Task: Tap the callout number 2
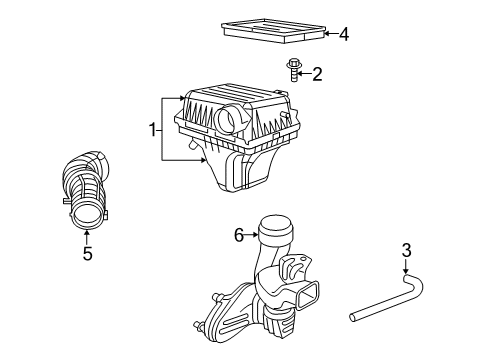318,73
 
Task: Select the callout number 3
407,251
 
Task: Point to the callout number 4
343,35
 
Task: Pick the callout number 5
87,254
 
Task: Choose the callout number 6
239,234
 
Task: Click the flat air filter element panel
270,29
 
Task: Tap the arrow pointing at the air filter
325,35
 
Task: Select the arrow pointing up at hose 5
87,236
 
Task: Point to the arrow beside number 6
252,234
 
